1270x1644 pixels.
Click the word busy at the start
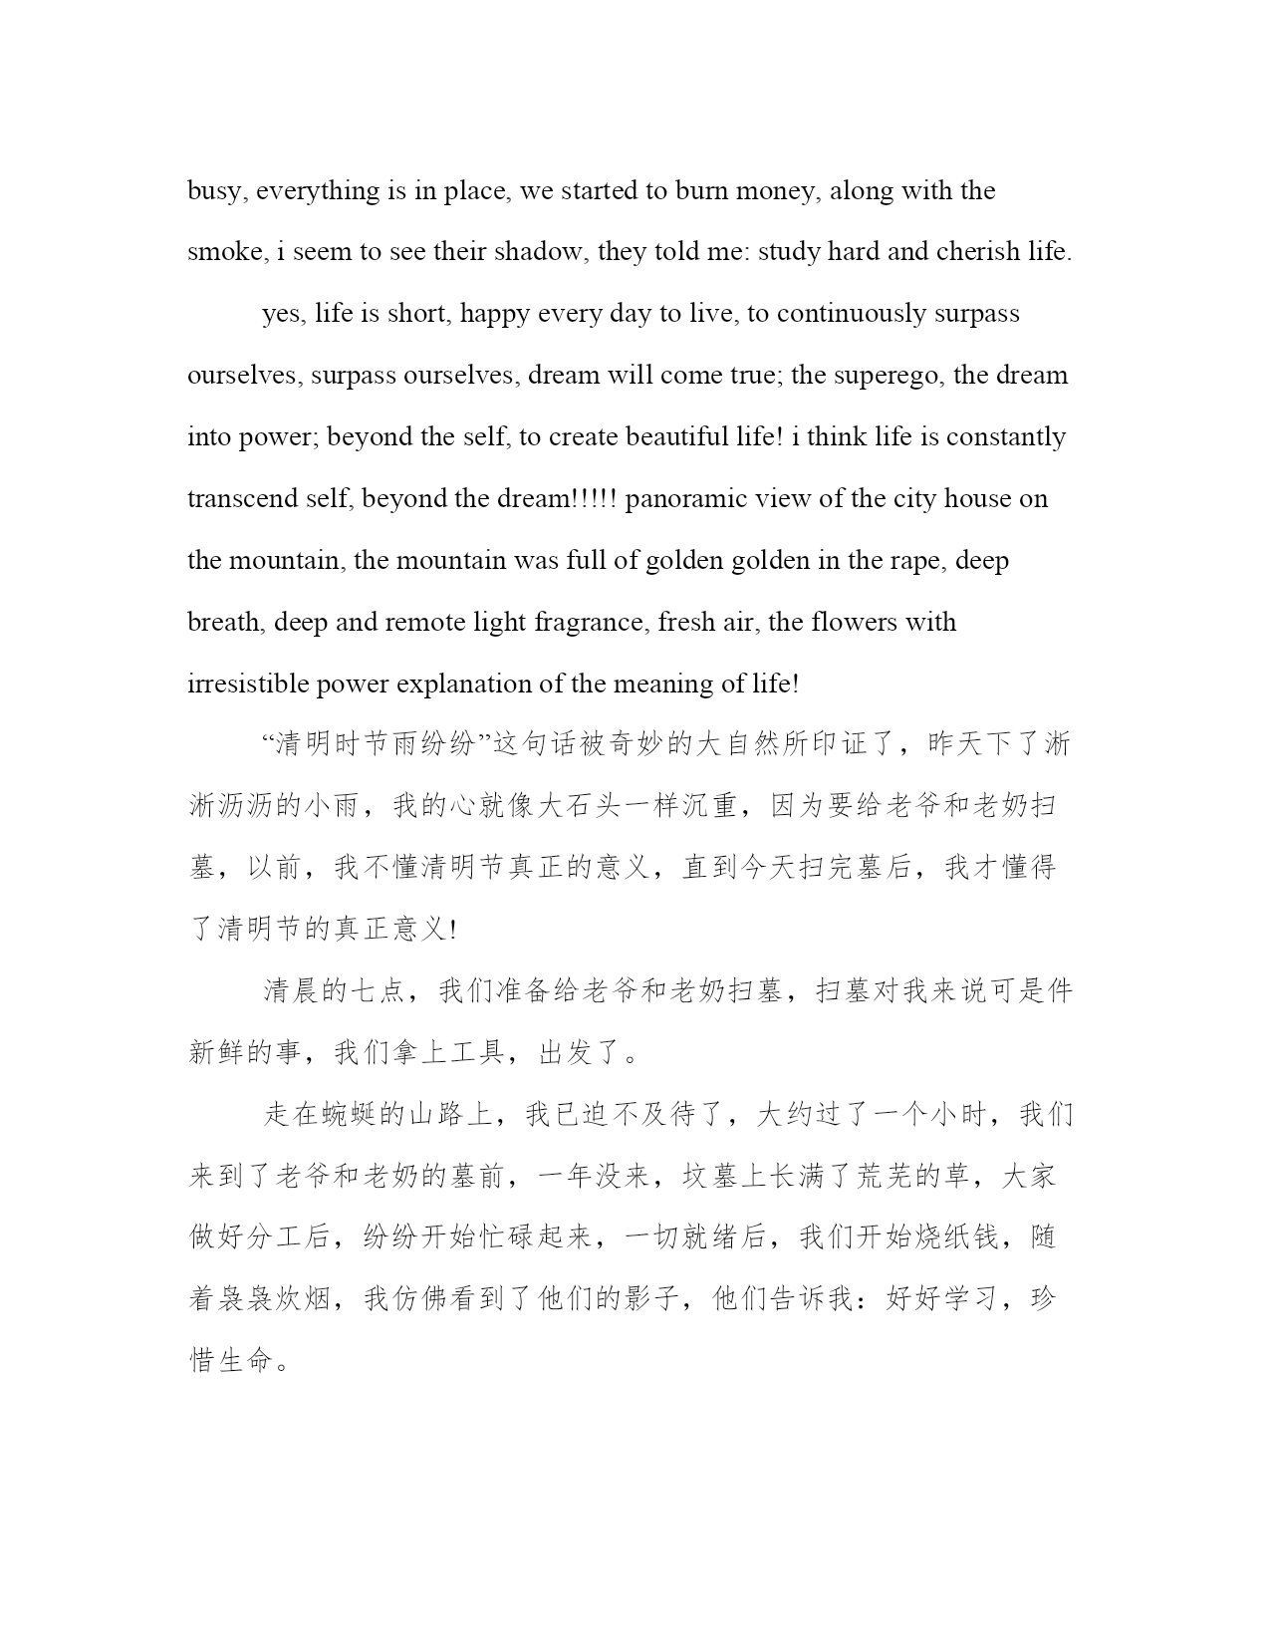point(213,191)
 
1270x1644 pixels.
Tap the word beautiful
point(658,437)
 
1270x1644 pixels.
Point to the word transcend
point(241,499)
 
